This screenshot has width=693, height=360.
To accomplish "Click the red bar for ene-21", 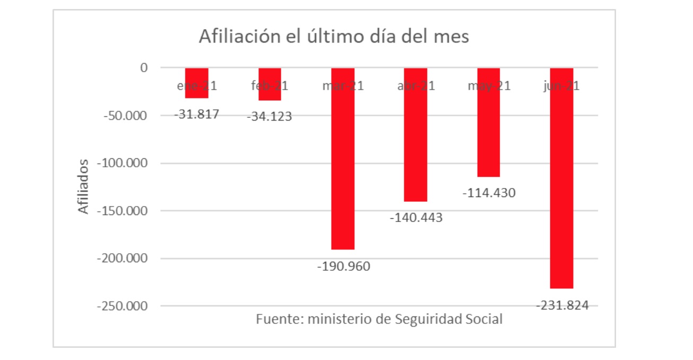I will (196, 83).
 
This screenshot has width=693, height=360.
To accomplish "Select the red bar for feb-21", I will (270, 84).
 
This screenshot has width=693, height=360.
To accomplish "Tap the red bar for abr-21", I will (415, 134).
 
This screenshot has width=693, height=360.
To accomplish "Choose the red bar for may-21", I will (489, 122).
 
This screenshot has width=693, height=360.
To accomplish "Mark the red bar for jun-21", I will (561, 178).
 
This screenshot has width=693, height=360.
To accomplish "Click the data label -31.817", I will (197, 114).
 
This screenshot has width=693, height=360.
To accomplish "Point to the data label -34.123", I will (270, 116).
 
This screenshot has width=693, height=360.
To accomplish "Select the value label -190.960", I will (343, 266).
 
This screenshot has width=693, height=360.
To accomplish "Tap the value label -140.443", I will (416, 218).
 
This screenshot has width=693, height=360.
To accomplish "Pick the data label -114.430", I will (489, 193).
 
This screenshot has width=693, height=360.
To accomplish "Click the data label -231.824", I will (562, 305).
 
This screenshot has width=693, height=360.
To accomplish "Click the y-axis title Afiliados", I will (83, 186).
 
